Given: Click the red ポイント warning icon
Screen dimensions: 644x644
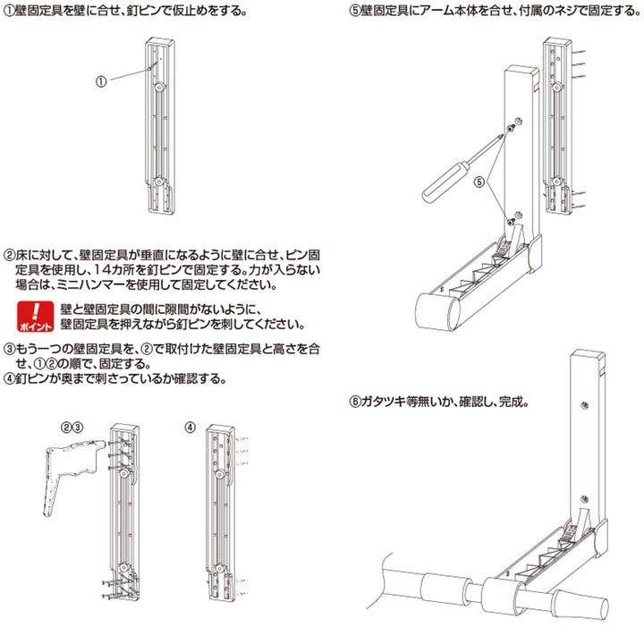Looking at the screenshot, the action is click(x=35, y=317).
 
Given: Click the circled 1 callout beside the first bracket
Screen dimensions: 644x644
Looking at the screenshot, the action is click(x=101, y=81).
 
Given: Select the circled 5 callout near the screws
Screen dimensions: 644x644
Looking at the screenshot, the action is click(x=479, y=182).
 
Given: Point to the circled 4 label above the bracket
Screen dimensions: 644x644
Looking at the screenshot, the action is click(x=190, y=428).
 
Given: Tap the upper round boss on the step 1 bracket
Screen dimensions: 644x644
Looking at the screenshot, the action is click(x=160, y=88).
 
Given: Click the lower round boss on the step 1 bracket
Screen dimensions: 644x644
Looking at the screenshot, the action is click(x=159, y=181).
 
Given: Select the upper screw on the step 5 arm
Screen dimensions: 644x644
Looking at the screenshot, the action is click(x=511, y=129).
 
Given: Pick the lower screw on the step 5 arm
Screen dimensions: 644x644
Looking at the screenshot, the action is click(x=511, y=222).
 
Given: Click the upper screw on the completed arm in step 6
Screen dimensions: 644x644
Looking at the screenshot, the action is click(x=584, y=405).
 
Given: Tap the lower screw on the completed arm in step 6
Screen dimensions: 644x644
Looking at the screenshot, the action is click(x=583, y=499).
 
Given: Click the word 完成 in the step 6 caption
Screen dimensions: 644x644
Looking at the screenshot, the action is click(x=511, y=402).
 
